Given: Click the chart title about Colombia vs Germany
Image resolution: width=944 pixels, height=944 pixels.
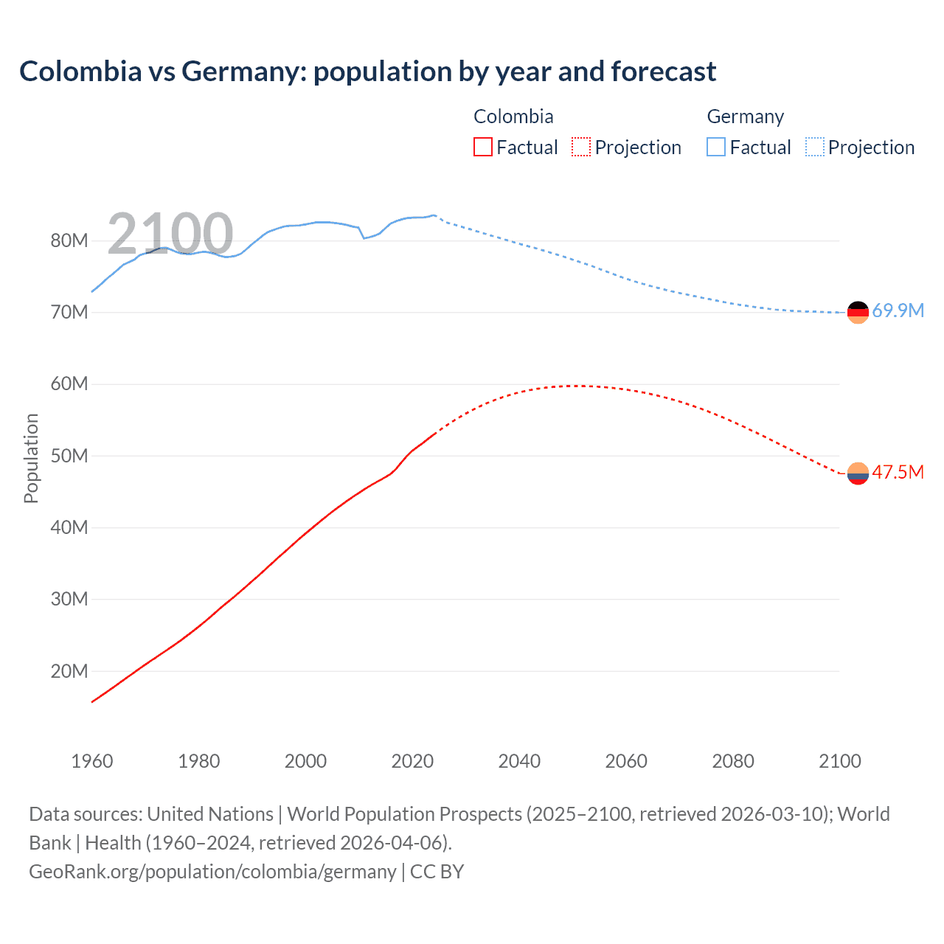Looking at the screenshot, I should click(x=367, y=72).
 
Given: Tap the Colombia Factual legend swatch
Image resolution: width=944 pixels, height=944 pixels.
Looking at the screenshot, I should click(x=482, y=147).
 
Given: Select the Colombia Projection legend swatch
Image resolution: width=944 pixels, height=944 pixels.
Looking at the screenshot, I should click(x=581, y=147).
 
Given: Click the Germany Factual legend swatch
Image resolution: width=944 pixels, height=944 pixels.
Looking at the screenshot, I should click(x=716, y=147).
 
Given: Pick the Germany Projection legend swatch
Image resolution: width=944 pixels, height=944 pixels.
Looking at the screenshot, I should click(x=814, y=147).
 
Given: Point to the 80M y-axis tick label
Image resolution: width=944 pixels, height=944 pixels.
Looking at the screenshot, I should click(x=69, y=240).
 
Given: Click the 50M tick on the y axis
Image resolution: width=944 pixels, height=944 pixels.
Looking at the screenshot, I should click(x=69, y=456).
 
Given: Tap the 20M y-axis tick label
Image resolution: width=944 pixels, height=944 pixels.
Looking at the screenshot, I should click(x=69, y=671).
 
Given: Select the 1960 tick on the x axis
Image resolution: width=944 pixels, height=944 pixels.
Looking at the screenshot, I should click(x=92, y=761).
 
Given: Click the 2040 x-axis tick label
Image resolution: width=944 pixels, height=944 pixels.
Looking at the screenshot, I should click(x=519, y=761).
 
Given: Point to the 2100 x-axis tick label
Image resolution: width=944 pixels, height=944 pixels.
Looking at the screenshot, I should click(x=839, y=761).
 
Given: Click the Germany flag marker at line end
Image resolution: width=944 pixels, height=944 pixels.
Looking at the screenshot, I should click(x=858, y=313).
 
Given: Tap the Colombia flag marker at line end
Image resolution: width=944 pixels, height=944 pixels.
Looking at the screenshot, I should click(x=858, y=473).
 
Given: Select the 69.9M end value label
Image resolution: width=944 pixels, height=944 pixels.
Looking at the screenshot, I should click(x=898, y=310).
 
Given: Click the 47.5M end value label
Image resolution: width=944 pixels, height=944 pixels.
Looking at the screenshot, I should click(x=898, y=472).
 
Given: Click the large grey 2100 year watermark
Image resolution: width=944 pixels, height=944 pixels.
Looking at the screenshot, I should click(x=170, y=234).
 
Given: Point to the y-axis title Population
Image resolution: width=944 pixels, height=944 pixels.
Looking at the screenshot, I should click(x=31, y=458).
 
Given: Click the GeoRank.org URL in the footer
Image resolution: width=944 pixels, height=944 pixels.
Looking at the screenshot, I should click(x=212, y=872).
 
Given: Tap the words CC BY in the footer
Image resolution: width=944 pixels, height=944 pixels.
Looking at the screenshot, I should click(x=437, y=872).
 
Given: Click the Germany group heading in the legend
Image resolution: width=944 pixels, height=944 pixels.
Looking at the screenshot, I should click(x=745, y=117).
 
